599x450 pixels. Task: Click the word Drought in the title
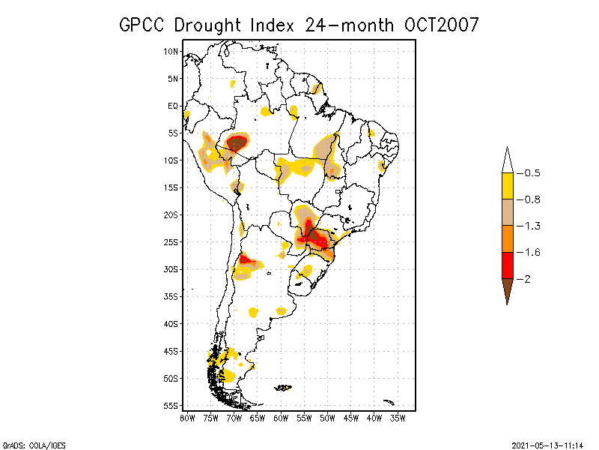209,25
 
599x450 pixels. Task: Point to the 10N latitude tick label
171,51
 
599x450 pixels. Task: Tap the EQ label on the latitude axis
173,106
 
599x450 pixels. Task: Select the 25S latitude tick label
171,241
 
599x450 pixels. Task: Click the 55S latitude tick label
171,405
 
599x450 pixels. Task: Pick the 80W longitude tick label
187,417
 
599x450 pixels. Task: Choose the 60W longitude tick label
281,417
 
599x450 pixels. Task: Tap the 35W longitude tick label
398,417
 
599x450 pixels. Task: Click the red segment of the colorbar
507,265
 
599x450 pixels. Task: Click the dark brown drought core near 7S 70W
237,142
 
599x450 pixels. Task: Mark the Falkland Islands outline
283,388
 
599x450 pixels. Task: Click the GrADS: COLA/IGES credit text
28,444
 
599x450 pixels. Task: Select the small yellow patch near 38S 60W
282,310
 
